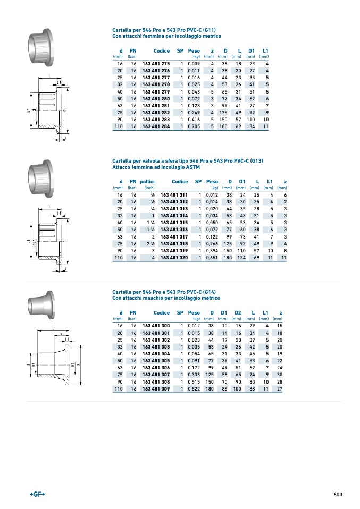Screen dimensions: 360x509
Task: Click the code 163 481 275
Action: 156,64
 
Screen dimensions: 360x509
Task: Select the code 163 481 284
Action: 156,126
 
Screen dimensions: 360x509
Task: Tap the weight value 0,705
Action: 194,126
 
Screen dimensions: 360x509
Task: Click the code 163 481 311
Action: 174,195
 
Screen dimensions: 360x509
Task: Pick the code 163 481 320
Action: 174,257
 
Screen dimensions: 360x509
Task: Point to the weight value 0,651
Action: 212,257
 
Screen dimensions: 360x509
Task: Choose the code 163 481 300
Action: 156,326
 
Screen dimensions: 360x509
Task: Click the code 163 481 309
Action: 156,388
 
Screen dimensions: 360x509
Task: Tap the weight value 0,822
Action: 194,388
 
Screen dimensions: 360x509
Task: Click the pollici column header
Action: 147,182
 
